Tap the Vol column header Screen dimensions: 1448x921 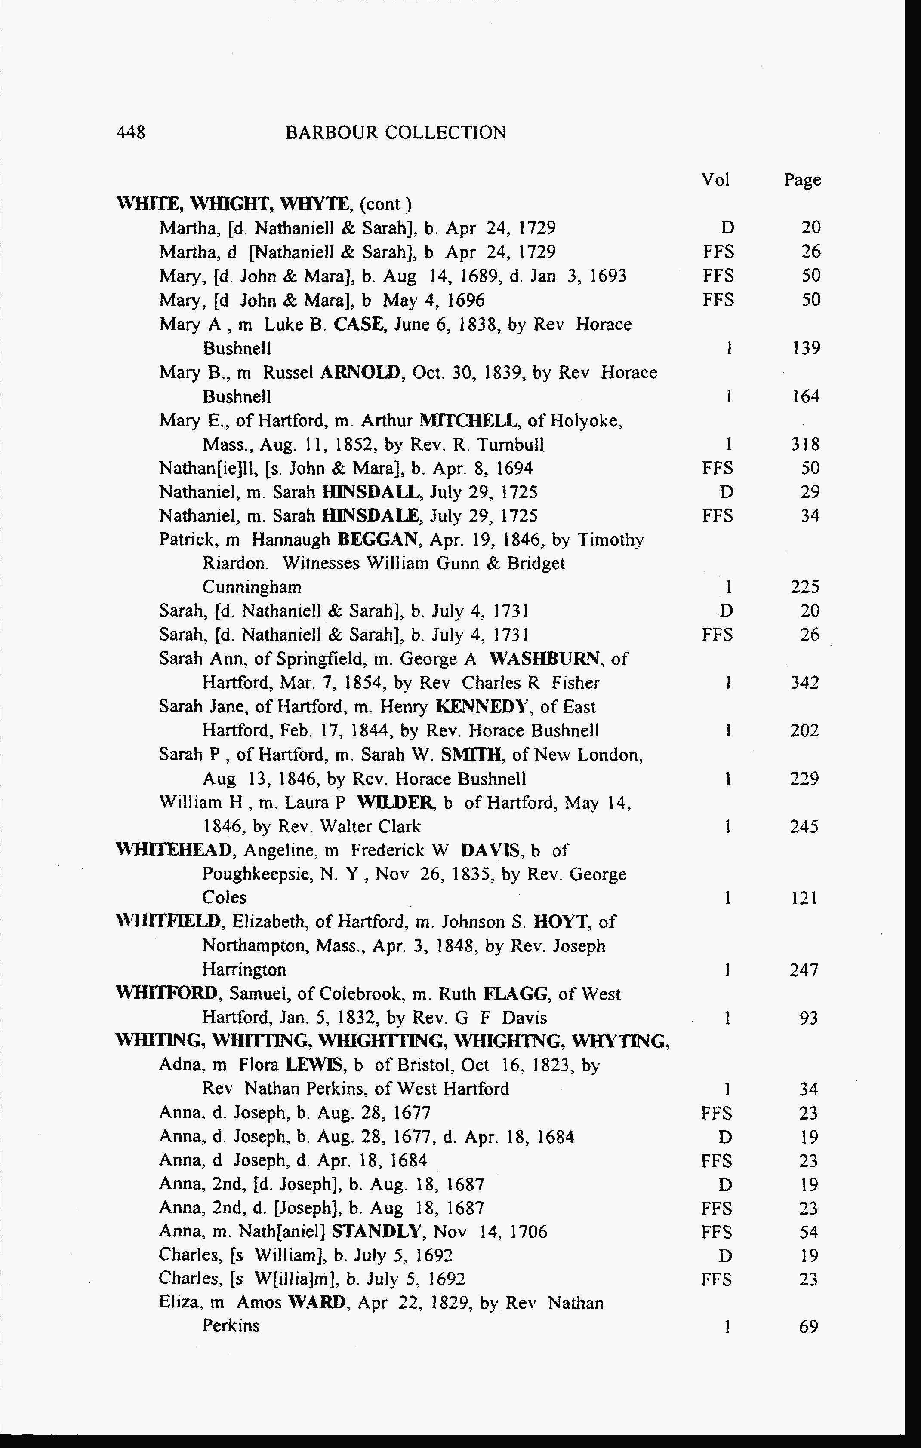(x=715, y=180)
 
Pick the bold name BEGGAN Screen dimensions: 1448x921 (x=378, y=540)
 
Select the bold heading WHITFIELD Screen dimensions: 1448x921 (x=169, y=922)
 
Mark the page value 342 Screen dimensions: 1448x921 (x=804, y=683)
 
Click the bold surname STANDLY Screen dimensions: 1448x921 (x=376, y=1232)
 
